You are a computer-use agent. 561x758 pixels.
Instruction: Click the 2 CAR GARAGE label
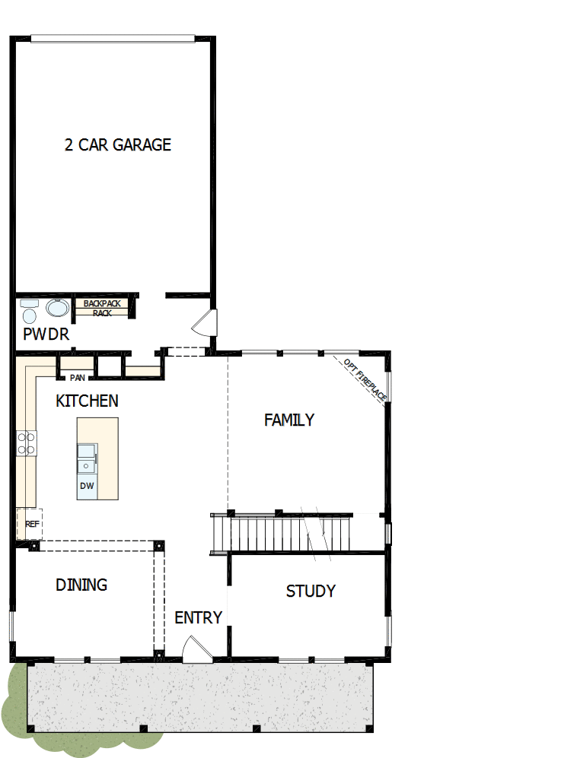click(118, 144)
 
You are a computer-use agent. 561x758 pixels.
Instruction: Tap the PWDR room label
click(46, 335)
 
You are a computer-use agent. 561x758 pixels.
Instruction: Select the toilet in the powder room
click(30, 312)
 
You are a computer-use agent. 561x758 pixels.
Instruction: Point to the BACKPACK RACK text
click(103, 308)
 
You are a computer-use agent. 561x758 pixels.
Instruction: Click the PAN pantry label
click(77, 377)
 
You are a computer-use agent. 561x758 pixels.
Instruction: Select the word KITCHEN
click(87, 401)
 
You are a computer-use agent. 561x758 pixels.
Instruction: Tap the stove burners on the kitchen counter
click(27, 442)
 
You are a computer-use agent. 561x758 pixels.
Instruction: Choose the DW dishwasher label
click(86, 486)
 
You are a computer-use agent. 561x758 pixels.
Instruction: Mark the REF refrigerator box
click(30, 524)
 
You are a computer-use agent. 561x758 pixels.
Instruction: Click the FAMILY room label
click(289, 420)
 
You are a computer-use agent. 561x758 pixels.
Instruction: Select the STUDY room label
click(311, 591)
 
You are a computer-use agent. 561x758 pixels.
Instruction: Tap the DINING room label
click(81, 585)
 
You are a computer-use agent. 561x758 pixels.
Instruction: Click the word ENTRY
click(198, 617)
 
